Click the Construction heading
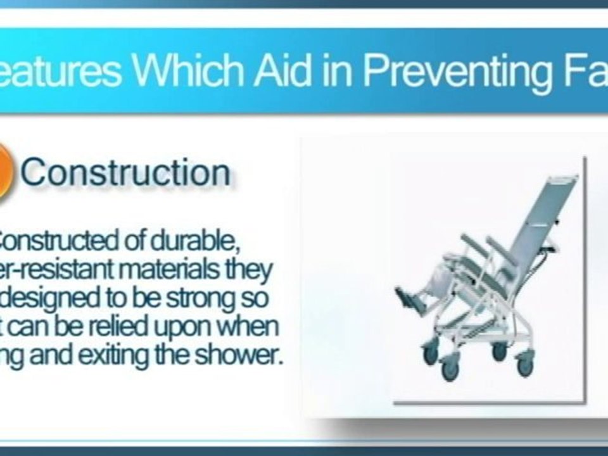pyautogui.click(x=125, y=172)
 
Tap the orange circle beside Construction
pyautogui.click(x=5, y=172)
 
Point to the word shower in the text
pyautogui.click(x=244, y=355)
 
